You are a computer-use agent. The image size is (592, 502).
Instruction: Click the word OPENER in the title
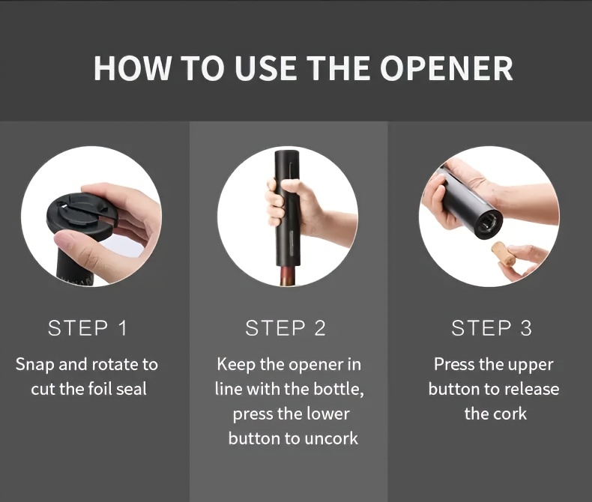[447, 68]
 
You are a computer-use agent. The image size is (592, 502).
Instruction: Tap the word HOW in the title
[132, 68]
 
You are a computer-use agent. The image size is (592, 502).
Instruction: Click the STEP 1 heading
[87, 327]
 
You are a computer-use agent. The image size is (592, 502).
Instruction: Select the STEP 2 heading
[286, 327]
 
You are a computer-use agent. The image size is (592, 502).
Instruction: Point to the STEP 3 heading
[492, 327]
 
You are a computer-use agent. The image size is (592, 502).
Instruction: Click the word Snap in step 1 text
[34, 366]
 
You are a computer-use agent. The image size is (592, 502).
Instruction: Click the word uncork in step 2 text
[330, 438]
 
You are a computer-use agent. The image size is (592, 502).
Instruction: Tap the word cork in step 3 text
[511, 414]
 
